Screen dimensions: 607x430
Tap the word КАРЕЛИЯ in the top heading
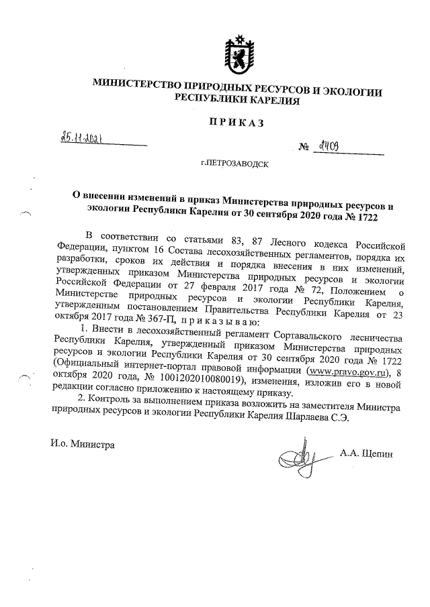[x=271, y=99]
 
